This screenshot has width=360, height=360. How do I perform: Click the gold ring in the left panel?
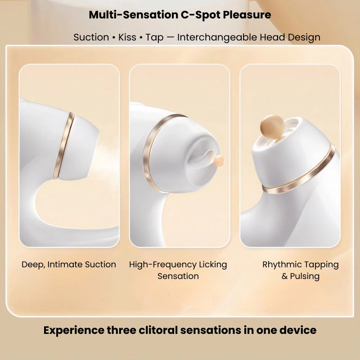[63, 145]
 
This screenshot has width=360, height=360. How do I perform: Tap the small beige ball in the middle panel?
[219, 160]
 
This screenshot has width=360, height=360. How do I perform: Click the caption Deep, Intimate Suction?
[69, 265]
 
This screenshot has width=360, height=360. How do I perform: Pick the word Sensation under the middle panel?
[178, 276]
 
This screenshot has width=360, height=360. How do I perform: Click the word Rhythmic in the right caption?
[282, 265]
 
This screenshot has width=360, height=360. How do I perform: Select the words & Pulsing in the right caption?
[301, 276]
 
